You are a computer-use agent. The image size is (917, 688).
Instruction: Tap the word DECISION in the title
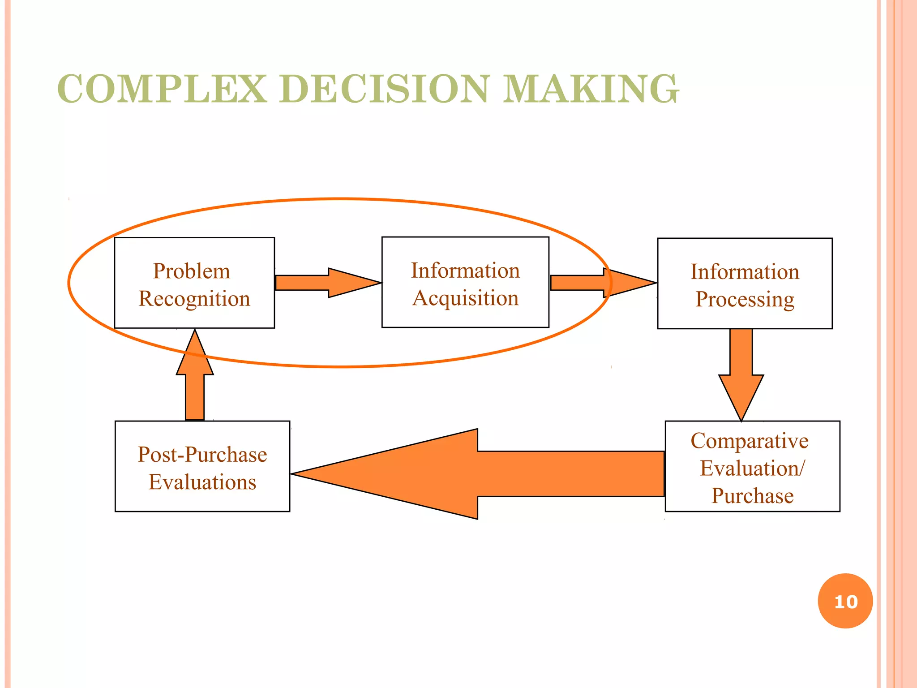pos(384,89)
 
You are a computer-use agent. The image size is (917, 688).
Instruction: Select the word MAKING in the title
pos(591,89)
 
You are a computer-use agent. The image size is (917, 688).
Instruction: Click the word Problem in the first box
pos(192,271)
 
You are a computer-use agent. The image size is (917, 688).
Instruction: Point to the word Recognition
pos(194,299)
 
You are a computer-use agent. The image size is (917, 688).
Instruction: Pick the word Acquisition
pos(466,298)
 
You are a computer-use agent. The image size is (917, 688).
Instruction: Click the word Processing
pos(745,299)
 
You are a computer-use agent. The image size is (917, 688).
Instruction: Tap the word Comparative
pos(750,441)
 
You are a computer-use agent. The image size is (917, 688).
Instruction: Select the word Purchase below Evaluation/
pos(752,496)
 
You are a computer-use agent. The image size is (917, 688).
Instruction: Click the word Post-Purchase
pos(202,454)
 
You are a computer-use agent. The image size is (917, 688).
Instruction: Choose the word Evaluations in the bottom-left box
pos(202,482)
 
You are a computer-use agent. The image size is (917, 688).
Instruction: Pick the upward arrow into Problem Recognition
pos(195,376)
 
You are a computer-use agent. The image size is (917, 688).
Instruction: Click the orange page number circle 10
pos(845,601)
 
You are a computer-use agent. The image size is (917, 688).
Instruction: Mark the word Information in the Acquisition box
pos(466,271)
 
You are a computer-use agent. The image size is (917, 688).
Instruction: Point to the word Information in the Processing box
pos(745,272)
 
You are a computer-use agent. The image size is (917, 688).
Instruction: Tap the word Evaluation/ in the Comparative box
pos(752,469)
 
